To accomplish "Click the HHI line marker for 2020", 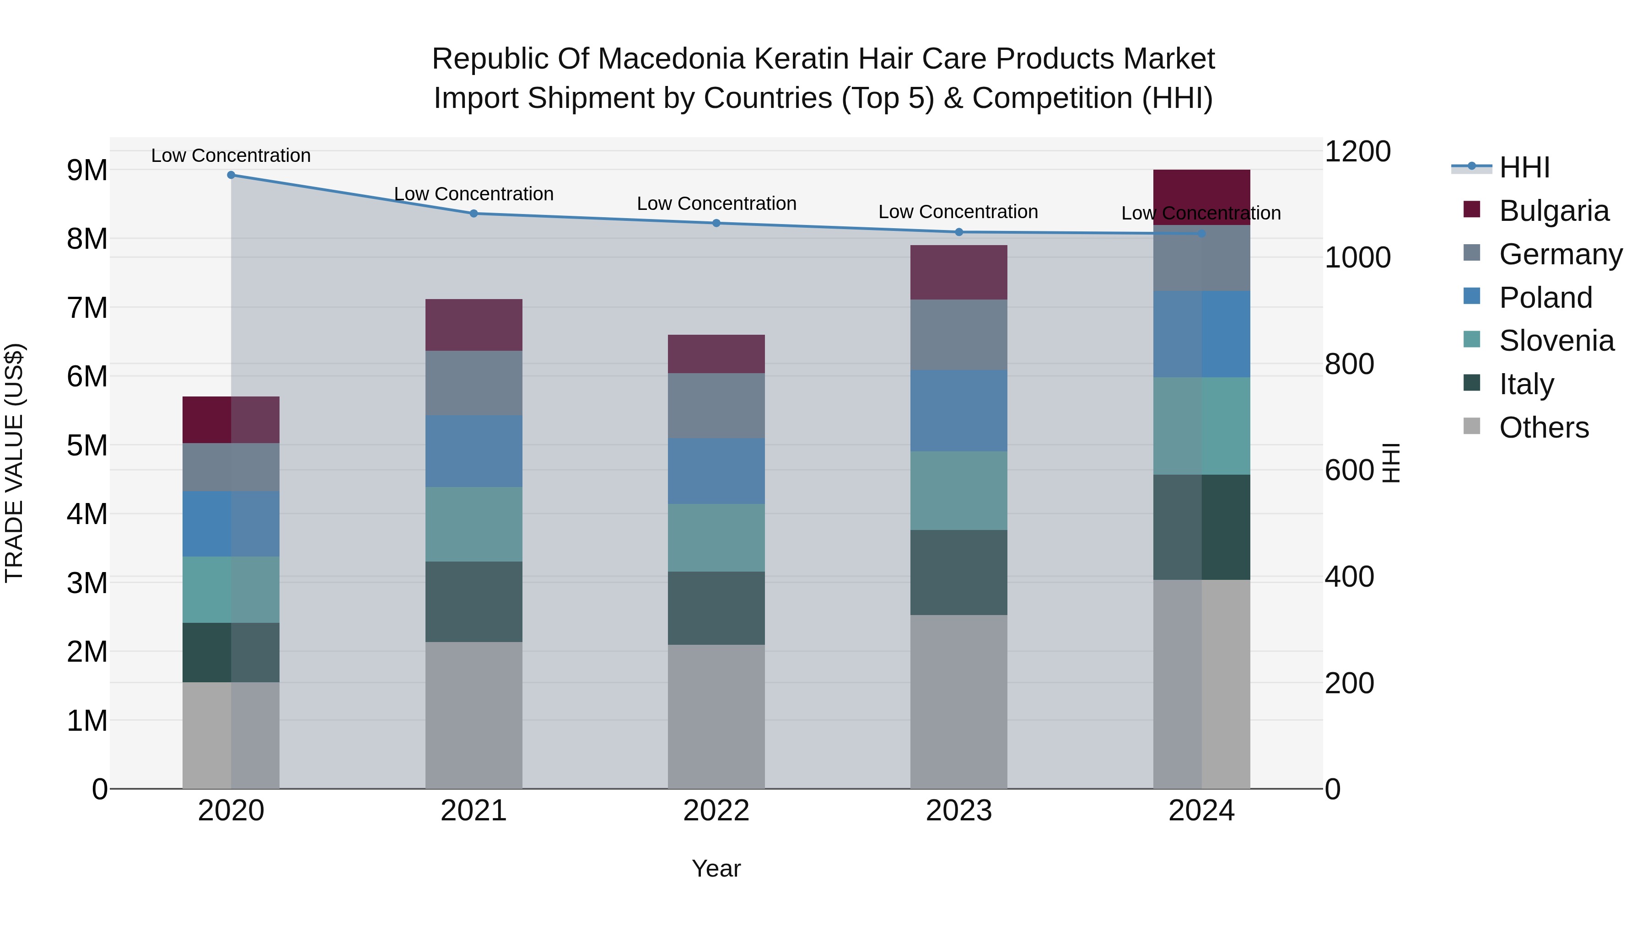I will [x=231, y=175].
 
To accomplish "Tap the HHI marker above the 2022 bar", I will [x=716, y=223].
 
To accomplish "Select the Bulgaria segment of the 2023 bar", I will [x=958, y=272].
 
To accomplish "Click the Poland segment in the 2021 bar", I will [x=474, y=451].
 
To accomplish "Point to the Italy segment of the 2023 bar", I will [x=958, y=572].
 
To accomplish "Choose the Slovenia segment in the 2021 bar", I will [x=474, y=524].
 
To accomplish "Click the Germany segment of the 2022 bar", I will [x=716, y=405].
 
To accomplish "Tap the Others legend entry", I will [x=1544, y=428].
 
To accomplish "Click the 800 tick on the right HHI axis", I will [x=1349, y=364].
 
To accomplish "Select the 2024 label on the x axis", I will [x=1201, y=811].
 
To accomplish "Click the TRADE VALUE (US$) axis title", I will [x=14, y=463].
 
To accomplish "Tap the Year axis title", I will [x=716, y=868].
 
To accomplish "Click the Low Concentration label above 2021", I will [x=474, y=193].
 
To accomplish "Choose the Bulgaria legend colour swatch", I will [x=1471, y=209].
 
